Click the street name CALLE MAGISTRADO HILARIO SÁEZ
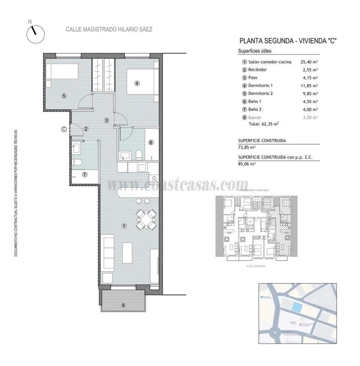[x=109, y=29]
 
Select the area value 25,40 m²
[x=309, y=62]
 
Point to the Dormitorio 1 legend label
[x=260, y=86]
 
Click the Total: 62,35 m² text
[x=263, y=124]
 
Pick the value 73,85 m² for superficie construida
[x=247, y=148]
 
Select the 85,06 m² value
[x=247, y=163]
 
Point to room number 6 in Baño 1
[x=150, y=142]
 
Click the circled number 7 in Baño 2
[x=85, y=174]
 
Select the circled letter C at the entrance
[x=64, y=129]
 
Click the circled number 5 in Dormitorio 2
[x=64, y=96]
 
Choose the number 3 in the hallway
[x=106, y=121]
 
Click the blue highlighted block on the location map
[x=297, y=307]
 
